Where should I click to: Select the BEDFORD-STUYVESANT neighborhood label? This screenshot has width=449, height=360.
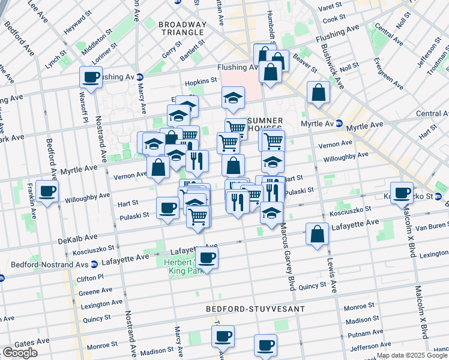coord(255,309)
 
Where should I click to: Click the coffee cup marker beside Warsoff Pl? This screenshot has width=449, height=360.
coord(91,77)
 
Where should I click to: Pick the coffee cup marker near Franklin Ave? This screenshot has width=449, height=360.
coord(47,192)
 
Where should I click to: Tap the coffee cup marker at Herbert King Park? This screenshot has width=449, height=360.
coord(207,259)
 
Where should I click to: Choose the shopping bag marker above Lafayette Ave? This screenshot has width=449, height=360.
coord(318,235)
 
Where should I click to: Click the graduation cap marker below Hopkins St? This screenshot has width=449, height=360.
coord(233,98)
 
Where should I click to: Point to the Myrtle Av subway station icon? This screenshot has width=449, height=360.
coord(339,123)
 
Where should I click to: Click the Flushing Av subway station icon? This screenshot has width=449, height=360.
coord(139,77)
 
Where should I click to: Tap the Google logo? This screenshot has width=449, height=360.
coord(19,353)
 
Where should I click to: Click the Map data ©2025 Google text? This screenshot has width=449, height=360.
coord(412,355)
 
